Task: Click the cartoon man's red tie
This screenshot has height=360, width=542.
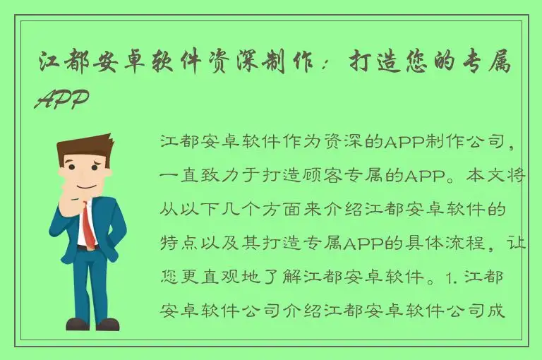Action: [x=88, y=225]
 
